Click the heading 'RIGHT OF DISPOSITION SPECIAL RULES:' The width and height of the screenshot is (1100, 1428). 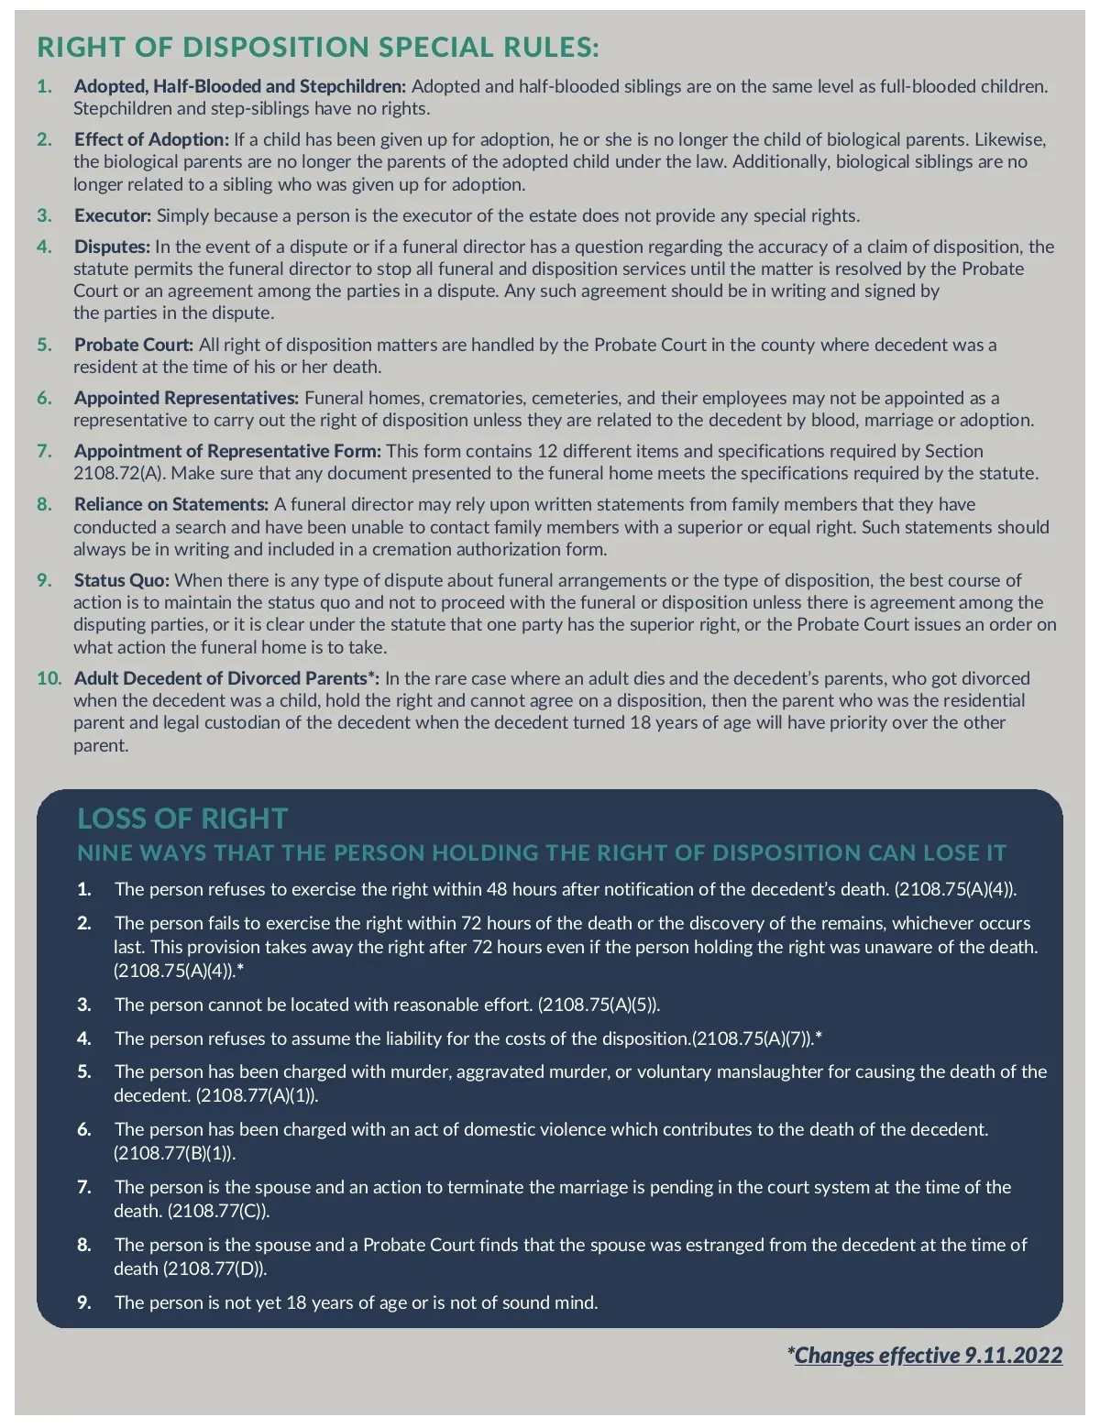tap(317, 48)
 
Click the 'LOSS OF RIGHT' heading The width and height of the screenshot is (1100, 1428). tap(182, 818)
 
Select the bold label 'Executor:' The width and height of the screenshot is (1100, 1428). tap(113, 216)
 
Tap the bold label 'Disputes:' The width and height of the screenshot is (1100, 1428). tap(112, 247)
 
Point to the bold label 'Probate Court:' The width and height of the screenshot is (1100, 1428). tap(134, 346)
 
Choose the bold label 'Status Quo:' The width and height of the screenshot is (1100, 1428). tap(122, 581)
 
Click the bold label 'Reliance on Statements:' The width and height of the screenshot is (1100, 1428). tap(171, 505)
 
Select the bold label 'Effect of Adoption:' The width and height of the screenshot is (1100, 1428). tap(151, 140)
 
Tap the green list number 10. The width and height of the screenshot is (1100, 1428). tap(49, 679)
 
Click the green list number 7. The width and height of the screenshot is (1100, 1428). tap(44, 452)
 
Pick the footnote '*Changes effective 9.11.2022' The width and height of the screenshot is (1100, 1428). tap(925, 1356)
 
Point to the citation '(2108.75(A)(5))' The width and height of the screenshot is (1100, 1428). tap(598, 1005)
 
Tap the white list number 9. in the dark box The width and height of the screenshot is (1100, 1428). tap(84, 1303)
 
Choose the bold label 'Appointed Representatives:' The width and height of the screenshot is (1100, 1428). tap(187, 399)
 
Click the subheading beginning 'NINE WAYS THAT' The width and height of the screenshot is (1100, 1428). tap(542, 853)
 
